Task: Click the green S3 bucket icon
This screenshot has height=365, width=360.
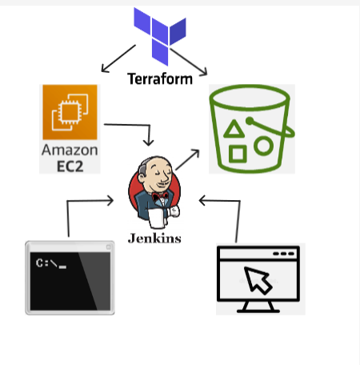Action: pos(251,128)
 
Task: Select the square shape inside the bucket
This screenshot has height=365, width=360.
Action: pos(238,151)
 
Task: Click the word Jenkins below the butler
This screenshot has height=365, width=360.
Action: pos(154,238)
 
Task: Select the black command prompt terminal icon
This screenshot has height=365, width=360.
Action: pos(69,276)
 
